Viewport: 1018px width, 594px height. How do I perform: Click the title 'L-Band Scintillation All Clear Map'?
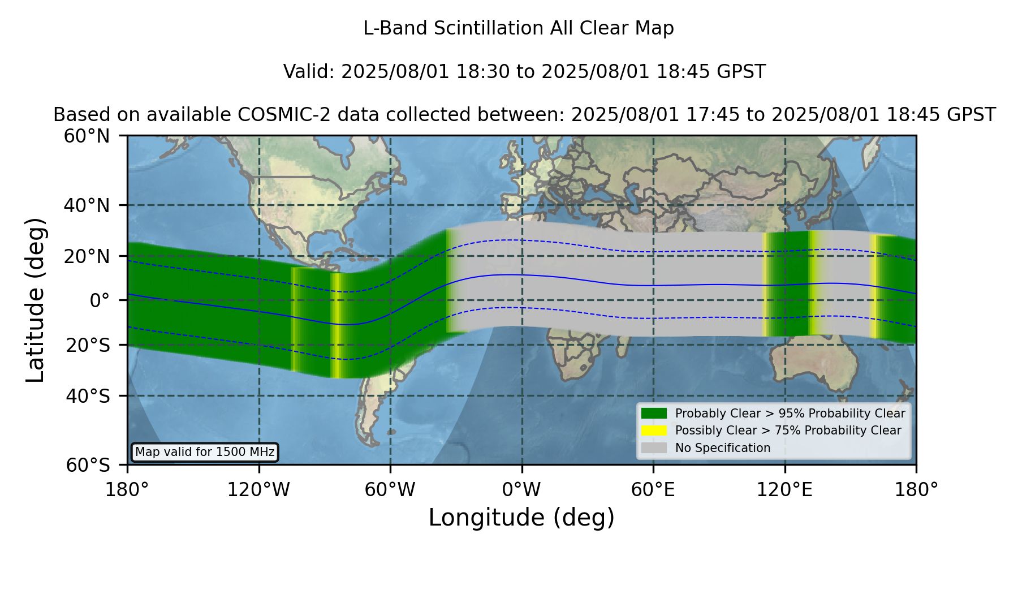(x=518, y=28)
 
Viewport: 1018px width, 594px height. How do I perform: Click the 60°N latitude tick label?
(x=87, y=136)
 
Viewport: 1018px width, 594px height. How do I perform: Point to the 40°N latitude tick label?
(x=87, y=205)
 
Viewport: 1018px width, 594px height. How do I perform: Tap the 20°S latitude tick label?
(x=88, y=345)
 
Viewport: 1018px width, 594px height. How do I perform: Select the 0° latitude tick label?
(x=100, y=300)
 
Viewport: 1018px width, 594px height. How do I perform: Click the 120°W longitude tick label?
(x=258, y=490)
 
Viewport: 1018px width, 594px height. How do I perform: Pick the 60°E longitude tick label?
(x=653, y=490)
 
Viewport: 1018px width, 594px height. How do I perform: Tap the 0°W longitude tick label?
(x=521, y=490)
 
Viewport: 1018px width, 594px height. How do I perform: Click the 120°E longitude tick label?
(x=784, y=490)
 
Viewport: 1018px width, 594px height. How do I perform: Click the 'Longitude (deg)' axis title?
(x=521, y=518)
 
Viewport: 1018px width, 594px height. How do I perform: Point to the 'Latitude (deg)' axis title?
(x=35, y=300)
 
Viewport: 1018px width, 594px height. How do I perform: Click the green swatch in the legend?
(x=654, y=414)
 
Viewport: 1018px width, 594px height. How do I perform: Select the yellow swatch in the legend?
(x=654, y=431)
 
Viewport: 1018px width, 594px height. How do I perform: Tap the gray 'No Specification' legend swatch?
(x=654, y=448)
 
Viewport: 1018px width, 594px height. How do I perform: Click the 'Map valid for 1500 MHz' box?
(x=205, y=452)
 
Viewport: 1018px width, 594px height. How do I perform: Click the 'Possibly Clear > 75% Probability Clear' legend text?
(x=788, y=431)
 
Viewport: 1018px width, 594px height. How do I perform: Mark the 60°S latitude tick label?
(x=88, y=466)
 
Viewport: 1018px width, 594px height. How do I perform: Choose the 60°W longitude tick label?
(x=390, y=490)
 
